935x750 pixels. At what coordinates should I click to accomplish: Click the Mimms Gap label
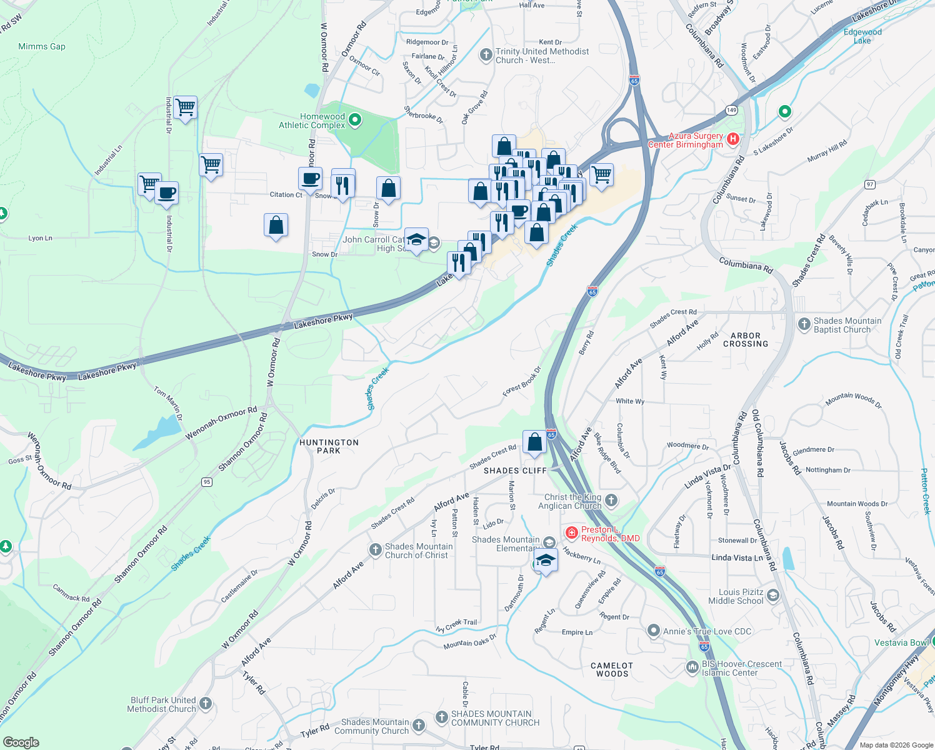point(42,47)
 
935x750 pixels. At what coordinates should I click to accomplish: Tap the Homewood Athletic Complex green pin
point(355,119)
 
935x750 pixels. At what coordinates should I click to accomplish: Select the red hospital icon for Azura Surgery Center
point(734,139)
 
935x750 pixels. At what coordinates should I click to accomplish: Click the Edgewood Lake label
point(862,36)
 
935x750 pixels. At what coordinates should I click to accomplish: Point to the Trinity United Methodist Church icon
point(486,55)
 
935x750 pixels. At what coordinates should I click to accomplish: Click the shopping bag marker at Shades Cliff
point(535,442)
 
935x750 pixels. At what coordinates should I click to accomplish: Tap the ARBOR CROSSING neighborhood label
point(746,340)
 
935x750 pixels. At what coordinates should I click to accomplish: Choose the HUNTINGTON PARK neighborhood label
point(329,446)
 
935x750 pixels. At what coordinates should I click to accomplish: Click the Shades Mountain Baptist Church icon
point(804,324)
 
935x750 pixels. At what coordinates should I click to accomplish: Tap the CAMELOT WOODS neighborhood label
point(612,670)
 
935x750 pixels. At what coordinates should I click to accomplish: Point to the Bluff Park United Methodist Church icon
point(206,704)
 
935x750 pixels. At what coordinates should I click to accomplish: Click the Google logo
point(21,742)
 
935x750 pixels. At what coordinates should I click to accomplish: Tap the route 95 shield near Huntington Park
point(207,482)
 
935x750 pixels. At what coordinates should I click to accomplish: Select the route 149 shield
point(731,110)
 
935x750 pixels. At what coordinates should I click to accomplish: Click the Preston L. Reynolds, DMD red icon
point(571,532)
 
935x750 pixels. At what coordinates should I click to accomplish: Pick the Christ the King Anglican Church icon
point(611,500)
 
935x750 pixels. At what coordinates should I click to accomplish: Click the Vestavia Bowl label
point(901,642)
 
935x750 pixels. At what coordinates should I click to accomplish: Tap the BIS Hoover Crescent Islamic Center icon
point(692,667)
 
